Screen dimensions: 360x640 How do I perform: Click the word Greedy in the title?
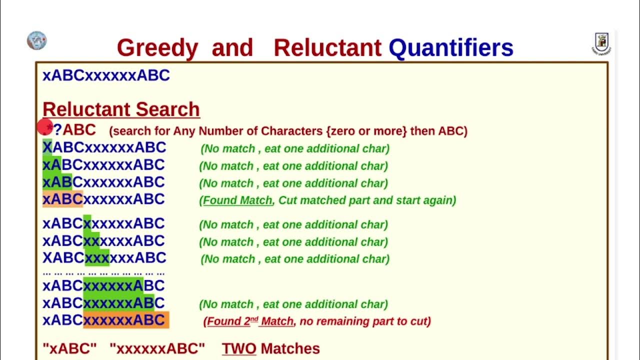(157, 48)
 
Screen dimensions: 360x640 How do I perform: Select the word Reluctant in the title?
(327, 48)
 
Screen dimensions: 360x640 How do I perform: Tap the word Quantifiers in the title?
(451, 48)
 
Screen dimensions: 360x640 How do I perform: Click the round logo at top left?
(36, 40)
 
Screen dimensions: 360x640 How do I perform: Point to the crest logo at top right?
(601, 43)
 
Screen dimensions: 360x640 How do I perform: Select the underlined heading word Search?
(167, 109)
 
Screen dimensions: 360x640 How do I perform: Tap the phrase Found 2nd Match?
(250, 321)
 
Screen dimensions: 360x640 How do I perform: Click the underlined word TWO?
(239, 348)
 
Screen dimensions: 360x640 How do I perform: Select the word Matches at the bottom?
(290, 348)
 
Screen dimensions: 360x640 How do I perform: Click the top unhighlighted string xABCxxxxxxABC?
(106, 75)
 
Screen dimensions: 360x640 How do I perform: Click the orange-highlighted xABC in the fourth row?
(62, 199)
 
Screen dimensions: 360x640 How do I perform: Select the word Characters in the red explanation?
(292, 131)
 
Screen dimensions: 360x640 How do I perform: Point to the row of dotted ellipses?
(103, 273)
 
